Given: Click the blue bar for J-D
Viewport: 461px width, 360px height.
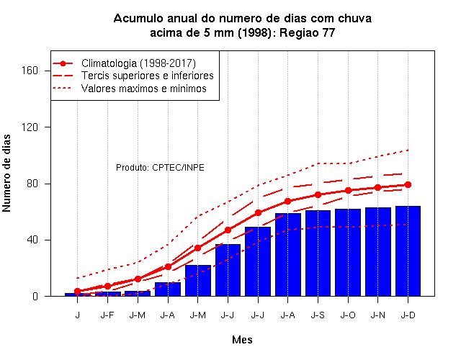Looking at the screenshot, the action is coord(408,251).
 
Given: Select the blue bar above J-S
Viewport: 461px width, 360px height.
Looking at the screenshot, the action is coord(318,253).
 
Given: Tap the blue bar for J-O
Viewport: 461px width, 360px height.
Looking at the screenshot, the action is coord(348,253).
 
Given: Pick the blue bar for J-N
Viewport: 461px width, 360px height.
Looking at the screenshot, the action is coord(377,252).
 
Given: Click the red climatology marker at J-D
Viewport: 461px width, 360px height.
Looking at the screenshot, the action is coord(408,184).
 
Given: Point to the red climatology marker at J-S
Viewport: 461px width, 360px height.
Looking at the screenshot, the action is coord(318,194).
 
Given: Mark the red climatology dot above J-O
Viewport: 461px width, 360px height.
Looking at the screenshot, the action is coord(348,190).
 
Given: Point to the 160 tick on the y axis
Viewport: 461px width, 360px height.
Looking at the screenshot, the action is coord(30,71).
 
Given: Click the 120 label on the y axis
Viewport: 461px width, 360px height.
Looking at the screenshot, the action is coord(30,127).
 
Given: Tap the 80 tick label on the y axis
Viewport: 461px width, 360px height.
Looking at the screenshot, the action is coord(32,184).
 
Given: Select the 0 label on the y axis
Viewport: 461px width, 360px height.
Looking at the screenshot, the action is coord(35,296).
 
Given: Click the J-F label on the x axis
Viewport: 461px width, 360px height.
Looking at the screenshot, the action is coord(107,315).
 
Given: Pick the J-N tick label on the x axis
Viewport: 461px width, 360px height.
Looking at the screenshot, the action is coord(377,315).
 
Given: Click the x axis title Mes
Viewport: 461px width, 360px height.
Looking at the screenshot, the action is coord(242,340).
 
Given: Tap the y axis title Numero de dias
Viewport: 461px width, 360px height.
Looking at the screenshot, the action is coord(6,173).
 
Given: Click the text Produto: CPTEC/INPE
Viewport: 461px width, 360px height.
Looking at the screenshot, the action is coord(160,168).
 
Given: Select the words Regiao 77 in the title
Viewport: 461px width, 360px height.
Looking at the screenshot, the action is coord(307,32).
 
